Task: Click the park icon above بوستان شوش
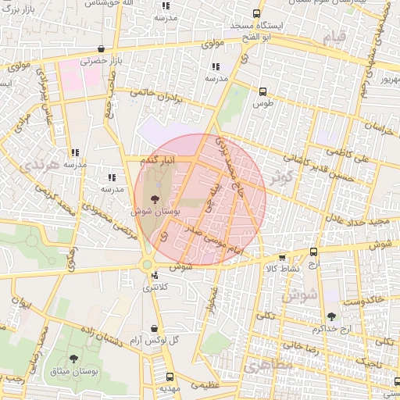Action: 154,198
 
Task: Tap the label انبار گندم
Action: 159,159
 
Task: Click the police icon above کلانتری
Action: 155,275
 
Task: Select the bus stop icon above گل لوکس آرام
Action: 154,329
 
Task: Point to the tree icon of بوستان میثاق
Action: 74,359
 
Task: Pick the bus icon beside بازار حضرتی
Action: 101,49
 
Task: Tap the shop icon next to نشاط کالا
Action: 282,257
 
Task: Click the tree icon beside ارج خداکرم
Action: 331,316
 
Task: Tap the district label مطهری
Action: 268,365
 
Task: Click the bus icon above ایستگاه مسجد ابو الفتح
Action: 257,13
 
